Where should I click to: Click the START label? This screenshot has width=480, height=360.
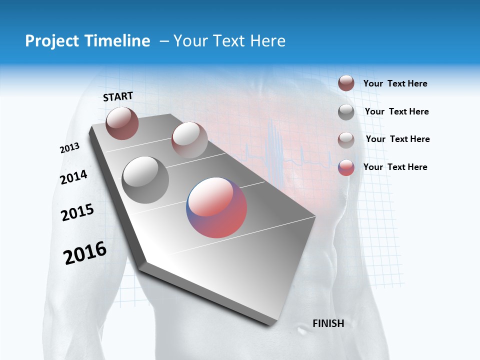(118, 96)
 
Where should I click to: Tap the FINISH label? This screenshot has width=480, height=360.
(328, 323)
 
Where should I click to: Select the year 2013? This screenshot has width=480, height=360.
(69, 148)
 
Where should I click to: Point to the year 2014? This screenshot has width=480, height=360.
(73, 177)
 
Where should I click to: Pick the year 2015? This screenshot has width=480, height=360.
(77, 213)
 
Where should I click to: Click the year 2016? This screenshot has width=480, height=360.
(85, 253)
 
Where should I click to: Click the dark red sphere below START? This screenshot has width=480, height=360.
(122, 123)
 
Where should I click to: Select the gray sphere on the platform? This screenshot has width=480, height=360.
(145, 179)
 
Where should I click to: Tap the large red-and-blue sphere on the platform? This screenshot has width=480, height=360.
(216, 207)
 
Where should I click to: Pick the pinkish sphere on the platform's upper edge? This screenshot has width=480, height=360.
(189, 139)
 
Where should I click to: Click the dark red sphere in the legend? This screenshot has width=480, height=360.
(346, 83)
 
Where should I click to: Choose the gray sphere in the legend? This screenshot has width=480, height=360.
(346, 111)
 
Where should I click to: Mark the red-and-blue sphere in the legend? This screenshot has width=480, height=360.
(346, 167)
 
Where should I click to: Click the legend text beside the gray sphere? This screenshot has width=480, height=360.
(396, 111)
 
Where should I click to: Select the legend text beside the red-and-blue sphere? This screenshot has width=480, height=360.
(395, 167)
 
